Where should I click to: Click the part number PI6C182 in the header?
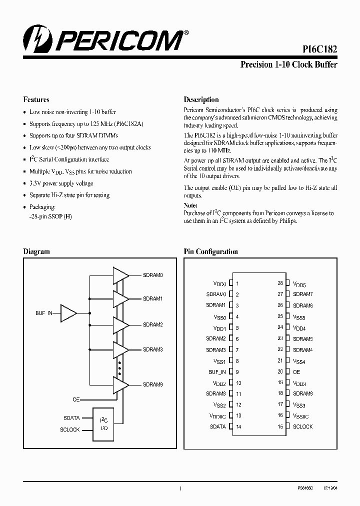pos(319,49)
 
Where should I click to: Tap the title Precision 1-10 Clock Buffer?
pos(288,64)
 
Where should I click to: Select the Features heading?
pos(36,99)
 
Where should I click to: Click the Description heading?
pos(201,99)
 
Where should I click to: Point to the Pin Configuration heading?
pos(210,251)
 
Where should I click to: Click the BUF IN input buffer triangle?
pos(68,313)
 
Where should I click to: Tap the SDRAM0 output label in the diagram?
pos(152,275)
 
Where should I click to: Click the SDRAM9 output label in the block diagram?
pos(152,384)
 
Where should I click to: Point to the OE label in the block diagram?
pos(76,399)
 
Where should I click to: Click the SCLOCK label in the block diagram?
pos(70,429)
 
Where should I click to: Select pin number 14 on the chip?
pos(238,427)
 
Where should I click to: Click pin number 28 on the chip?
pos(280,283)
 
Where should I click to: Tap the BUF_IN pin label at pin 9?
pos(217,372)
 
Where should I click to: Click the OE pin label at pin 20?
pos(296,372)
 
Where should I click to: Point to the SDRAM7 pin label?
pos(302,294)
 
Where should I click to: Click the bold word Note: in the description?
pos(190,205)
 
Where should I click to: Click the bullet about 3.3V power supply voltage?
pos(61,183)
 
